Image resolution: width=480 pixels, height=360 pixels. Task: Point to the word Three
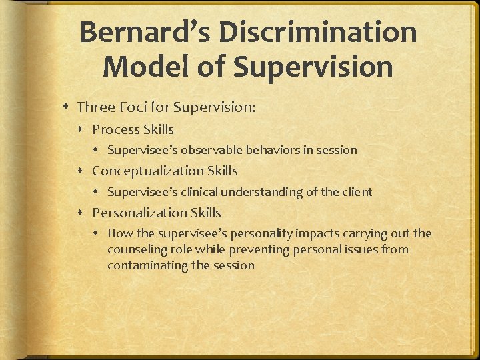(x=96, y=107)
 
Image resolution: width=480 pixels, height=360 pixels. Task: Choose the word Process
(x=117, y=129)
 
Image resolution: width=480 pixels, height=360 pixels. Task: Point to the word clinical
(x=199, y=192)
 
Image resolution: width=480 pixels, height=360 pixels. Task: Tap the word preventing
(x=261, y=249)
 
